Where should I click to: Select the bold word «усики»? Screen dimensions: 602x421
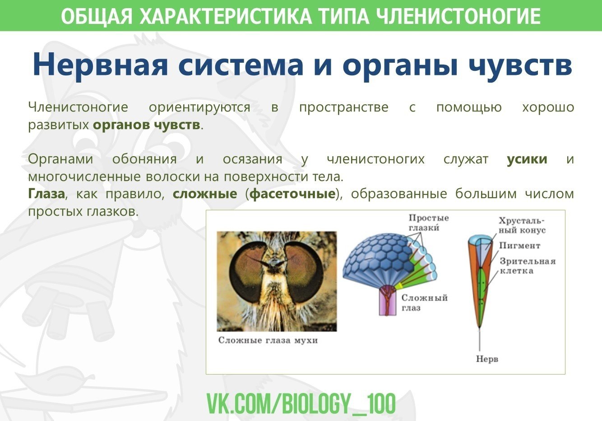527,159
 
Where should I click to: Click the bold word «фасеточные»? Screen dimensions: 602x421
293,194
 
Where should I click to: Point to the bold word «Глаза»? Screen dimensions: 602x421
46,194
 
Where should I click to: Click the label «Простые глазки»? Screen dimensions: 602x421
429,223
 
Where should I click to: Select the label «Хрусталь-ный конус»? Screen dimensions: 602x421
522,225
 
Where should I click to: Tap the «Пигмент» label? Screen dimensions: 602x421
519,245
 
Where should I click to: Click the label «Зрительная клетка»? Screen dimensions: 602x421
527,266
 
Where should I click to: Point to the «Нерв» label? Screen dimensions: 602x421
487,359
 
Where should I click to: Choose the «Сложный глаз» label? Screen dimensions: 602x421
424,302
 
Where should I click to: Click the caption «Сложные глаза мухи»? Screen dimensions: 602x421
268,340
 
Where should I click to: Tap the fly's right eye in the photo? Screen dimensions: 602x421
304,273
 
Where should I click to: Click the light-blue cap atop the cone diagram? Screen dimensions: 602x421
481,240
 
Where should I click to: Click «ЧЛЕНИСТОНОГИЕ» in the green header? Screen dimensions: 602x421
458,16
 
